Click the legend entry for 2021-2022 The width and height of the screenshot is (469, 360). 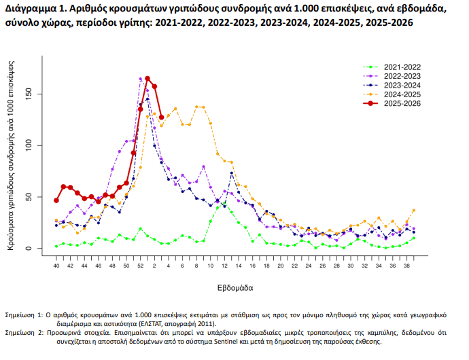402,67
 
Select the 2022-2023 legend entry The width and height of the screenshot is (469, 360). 402,76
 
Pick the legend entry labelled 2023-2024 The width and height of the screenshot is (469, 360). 402,85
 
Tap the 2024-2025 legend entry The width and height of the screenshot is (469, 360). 402,94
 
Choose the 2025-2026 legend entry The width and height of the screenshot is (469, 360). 402,103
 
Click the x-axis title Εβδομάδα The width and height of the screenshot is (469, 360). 236,287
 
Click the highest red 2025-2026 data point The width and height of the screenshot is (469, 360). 147,79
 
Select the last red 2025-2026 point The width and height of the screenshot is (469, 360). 161,118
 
